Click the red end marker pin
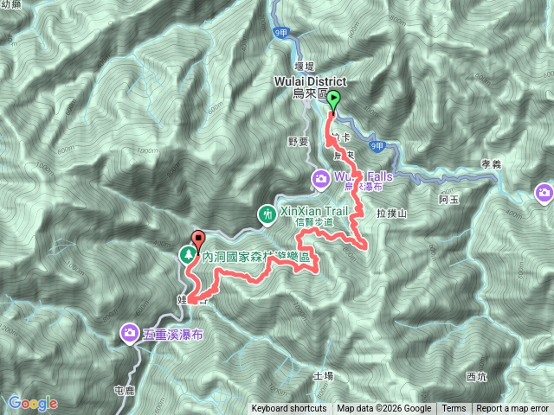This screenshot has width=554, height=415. tap(199, 239)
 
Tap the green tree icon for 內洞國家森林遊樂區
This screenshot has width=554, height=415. tap(187, 255)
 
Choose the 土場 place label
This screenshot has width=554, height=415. tap(323, 376)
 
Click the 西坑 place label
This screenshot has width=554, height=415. tap(477, 376)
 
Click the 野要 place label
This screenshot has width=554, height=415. tap(297, 140)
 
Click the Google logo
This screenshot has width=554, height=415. tap(33, 404)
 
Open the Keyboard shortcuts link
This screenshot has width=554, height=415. tap(289, 409)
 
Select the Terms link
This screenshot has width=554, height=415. tap(454, 409)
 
